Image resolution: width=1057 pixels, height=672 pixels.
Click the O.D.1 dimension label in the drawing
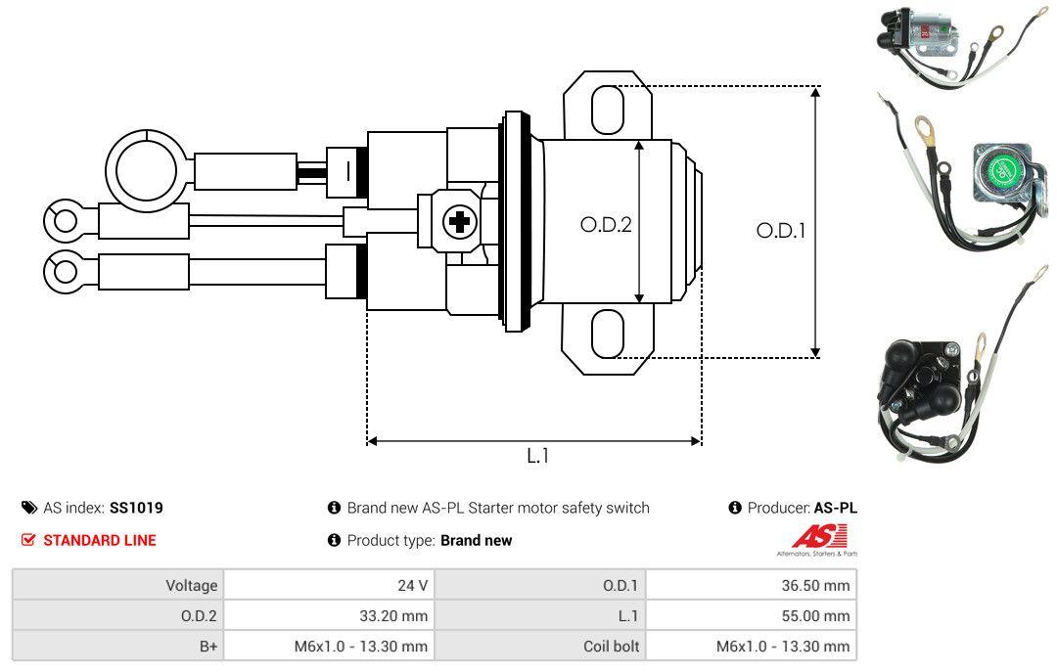780,231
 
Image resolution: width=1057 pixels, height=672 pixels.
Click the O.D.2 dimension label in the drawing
606,224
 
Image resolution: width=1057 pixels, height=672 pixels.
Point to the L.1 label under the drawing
537,456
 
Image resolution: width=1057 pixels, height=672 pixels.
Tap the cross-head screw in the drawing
458,222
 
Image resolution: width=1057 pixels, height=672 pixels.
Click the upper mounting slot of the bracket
607,109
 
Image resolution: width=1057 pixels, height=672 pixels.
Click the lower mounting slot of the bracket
607,334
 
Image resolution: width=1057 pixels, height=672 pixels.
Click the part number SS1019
136,508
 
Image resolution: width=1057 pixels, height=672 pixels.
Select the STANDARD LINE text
99,540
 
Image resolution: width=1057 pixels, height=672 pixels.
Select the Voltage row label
191,585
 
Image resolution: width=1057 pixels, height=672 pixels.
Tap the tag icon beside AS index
29,508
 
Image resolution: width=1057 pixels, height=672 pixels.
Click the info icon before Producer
735,508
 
